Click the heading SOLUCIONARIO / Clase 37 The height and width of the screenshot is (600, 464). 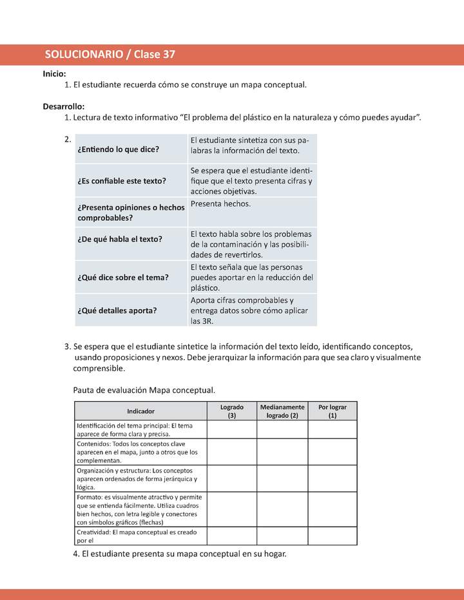coord(110,55)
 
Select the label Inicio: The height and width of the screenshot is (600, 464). coord(54,74)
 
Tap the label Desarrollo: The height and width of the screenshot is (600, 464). coord(64,106)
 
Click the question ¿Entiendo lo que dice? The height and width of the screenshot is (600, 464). coord(118,149)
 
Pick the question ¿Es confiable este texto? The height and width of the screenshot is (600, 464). coord(122,181)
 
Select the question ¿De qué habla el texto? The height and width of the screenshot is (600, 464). coord(120,239)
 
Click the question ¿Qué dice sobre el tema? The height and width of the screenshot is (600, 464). coord(122,277)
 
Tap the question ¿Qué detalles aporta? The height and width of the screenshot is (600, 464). coord(117,310)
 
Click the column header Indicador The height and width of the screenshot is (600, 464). coord(140,411)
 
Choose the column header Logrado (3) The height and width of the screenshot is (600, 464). coord(232,411)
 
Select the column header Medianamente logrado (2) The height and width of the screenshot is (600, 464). coord(282,411)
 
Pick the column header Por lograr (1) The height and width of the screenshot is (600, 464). coord(333,411)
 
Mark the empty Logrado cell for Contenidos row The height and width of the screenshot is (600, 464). coord(232,452)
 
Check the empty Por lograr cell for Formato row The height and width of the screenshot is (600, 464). coord(333,509)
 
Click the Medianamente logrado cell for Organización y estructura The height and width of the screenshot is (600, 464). coord(282,478)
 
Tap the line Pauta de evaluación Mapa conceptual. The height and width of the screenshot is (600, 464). coord(144,390)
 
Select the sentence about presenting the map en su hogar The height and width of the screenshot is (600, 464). coord(180,554)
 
